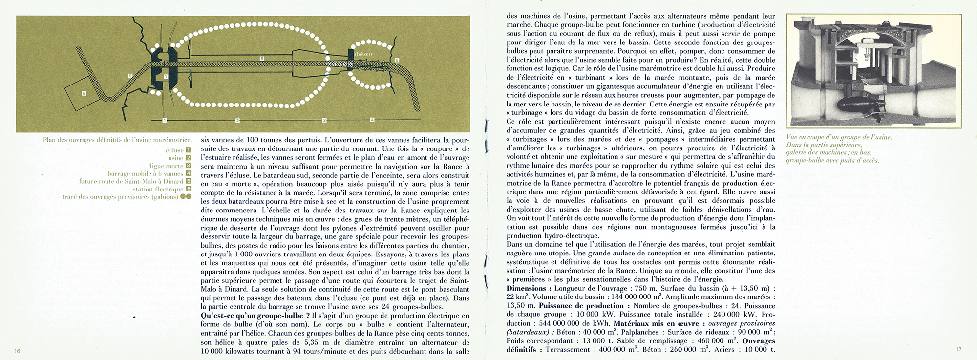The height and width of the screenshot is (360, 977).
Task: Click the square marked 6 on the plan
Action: (84, 93)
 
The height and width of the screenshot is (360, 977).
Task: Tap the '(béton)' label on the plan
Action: (363, 54)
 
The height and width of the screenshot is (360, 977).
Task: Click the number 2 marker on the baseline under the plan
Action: (237, 120)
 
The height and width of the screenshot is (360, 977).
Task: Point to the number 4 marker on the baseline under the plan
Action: (372, 120)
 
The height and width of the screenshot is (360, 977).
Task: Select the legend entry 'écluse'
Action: (174, 150)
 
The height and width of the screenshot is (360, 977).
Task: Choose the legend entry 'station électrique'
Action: (157, 189)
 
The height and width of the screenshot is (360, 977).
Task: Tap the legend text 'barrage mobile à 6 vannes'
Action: (145, 174)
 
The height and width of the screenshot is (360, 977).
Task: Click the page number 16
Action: (17, 351)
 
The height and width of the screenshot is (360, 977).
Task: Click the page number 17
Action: (958, 349)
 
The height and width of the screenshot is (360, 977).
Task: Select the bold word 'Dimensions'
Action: (526, 288)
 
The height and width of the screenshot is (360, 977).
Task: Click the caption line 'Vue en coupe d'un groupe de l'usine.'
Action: (839, 137)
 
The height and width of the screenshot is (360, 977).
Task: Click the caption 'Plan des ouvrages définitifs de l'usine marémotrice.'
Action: (117, 140)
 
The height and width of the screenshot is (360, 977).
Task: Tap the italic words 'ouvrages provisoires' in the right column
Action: (741, 323)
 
